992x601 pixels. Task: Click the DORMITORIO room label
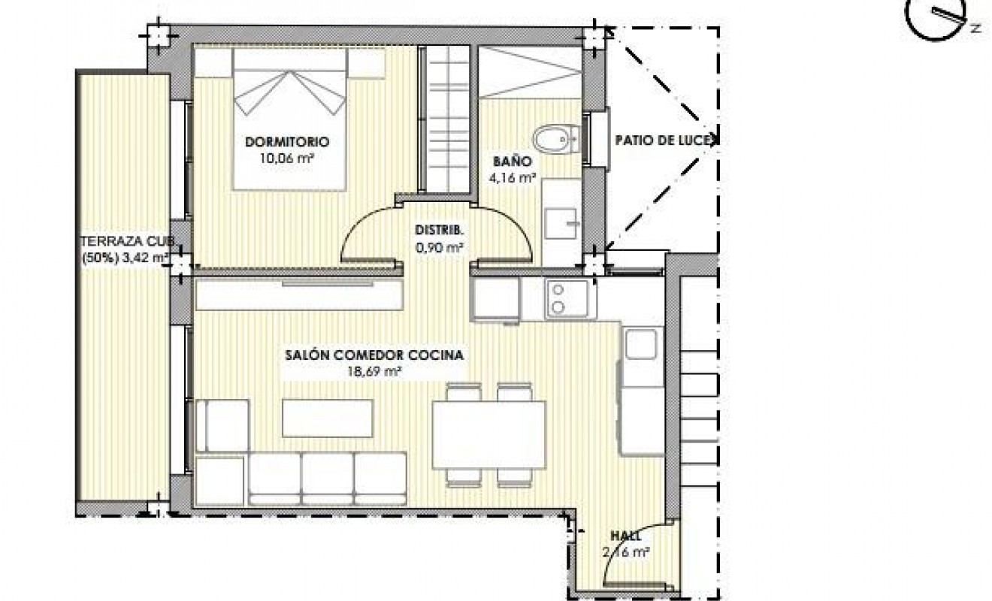[289, 140]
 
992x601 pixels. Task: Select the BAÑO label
[513, 161]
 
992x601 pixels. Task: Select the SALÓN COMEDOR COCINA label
[374, 355]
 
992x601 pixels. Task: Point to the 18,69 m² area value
[374, 371]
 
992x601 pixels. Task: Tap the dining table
[489, 434]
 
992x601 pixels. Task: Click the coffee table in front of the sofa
[327, 417]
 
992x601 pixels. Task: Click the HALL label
[625, 536]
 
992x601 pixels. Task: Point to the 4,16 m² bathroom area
[513, 178]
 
